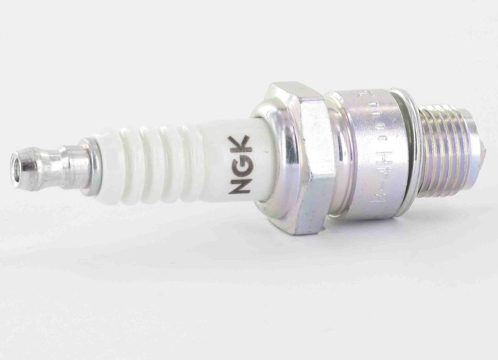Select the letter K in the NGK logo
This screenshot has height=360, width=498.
click(240, 144)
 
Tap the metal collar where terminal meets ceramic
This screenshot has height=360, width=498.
click(90, 165)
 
